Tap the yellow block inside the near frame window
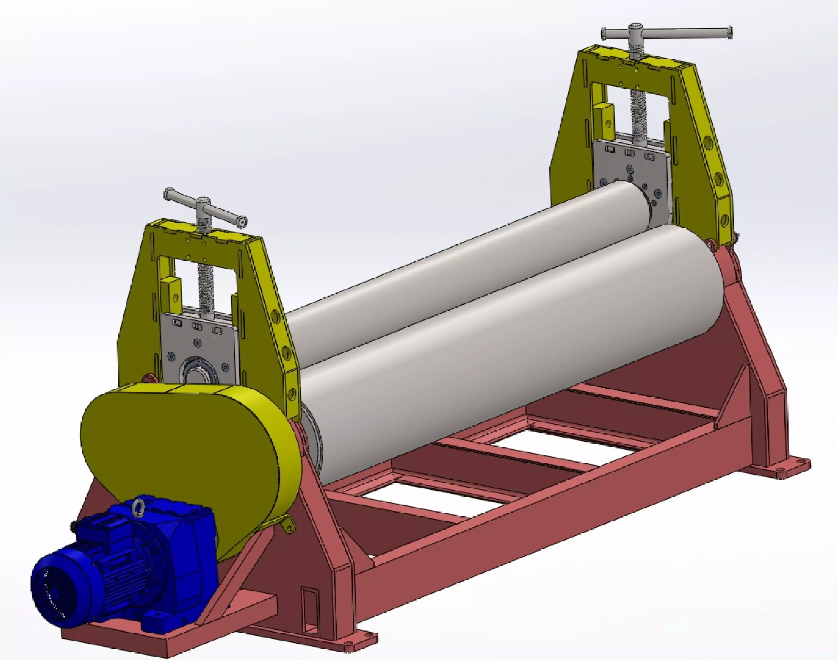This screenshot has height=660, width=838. click(173, 292)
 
